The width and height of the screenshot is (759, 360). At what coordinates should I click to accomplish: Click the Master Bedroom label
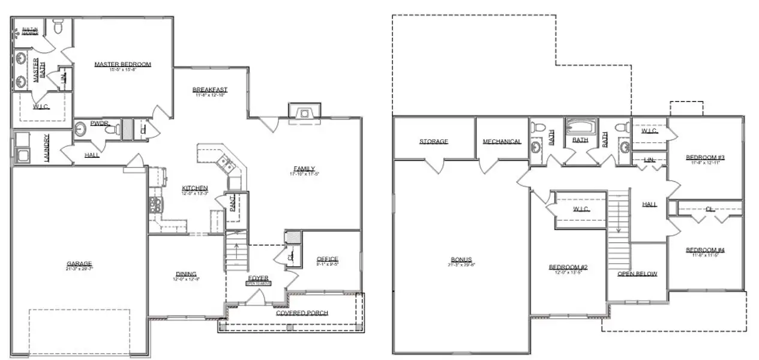[x=122, y=64]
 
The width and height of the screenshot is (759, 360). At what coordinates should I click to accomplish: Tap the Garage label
[x=79, y=263]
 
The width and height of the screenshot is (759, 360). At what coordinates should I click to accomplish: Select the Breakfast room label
[x=210, y=90]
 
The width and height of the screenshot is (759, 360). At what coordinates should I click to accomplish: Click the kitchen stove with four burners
[x=154, y=205]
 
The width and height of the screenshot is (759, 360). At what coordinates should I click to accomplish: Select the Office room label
[x=327, y=259]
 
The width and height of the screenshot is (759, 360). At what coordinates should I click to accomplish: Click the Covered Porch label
[x=302, y=313]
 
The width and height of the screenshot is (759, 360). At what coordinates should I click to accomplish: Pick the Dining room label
[x=186, y=274]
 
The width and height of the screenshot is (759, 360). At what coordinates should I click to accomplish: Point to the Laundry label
[x=46, y=147]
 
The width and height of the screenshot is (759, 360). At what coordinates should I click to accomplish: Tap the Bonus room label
[x=461, y=260]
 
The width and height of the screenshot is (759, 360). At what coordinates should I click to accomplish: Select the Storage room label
[x=433, y=142]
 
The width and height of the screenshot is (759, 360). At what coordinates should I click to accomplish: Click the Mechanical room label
[x=502, y=142]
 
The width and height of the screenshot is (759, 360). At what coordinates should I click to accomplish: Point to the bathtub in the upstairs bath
[x=580, y=127]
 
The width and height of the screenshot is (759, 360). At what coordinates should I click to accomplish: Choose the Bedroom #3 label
[x=705, y=158]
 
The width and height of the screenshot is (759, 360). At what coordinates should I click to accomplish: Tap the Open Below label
[x=637, y=274]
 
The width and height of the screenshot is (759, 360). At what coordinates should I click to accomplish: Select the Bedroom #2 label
[x=567, y=267]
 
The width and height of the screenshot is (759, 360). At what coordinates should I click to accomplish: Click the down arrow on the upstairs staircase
[x=617, y=223]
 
